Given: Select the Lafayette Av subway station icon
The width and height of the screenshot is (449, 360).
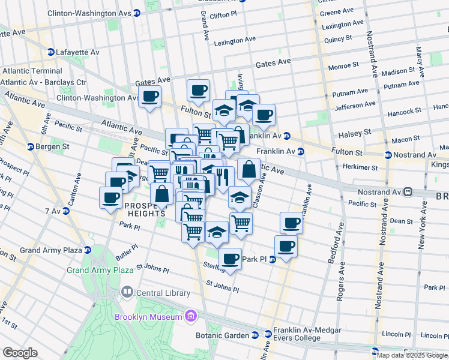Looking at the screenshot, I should [51, 52].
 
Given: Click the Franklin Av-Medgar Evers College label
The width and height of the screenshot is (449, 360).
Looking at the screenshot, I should [307, 334].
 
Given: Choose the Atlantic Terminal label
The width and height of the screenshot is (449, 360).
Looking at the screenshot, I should [31, 71].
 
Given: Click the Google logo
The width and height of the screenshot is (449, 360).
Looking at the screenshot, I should [20, 353].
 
